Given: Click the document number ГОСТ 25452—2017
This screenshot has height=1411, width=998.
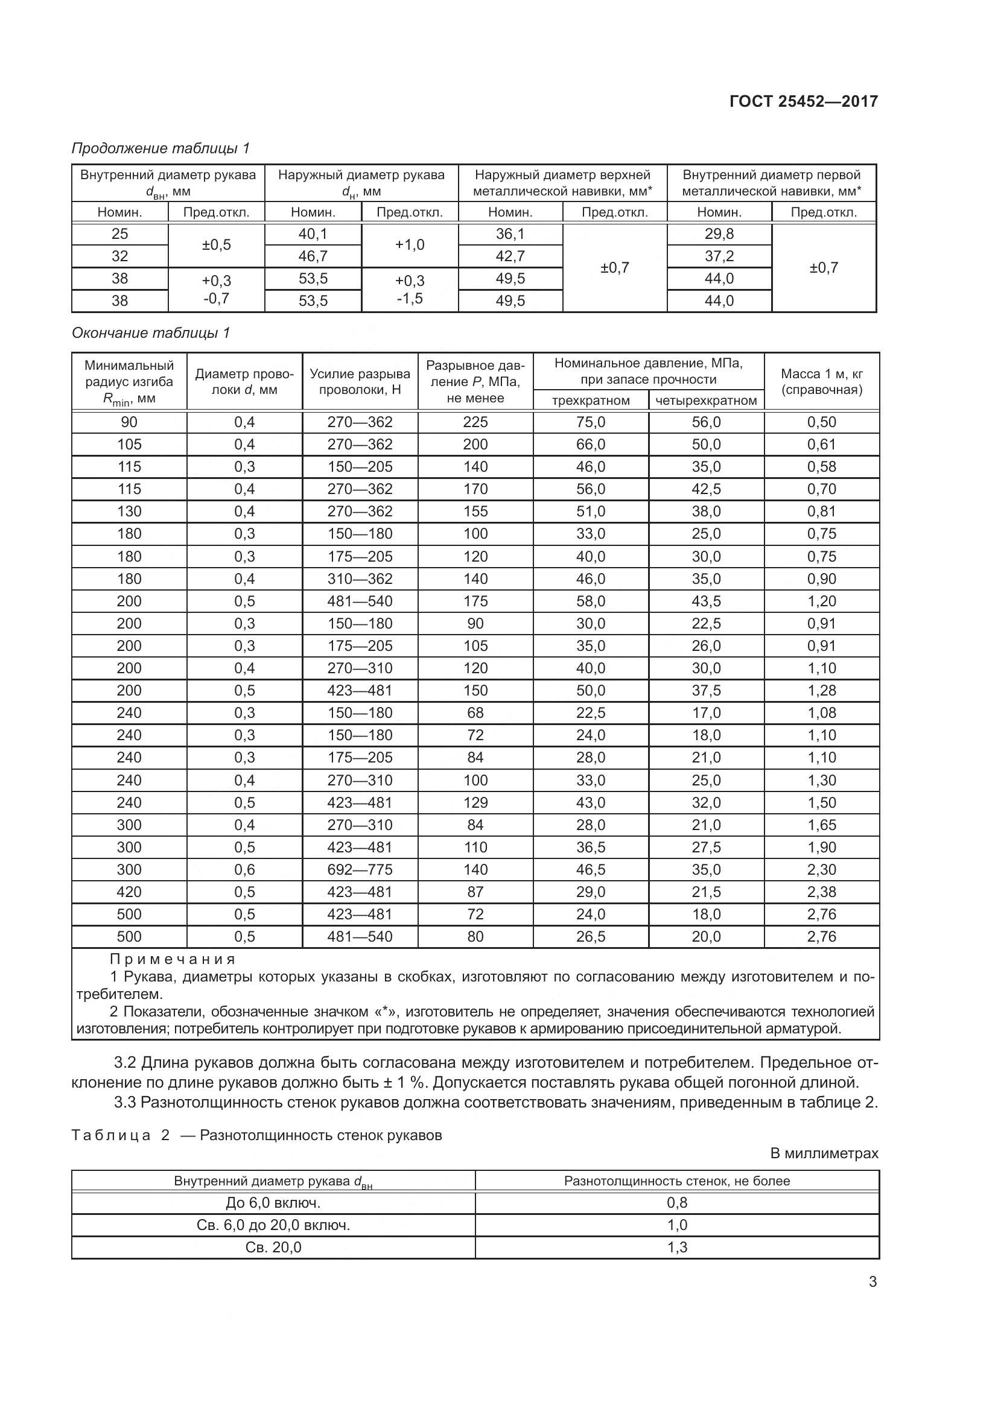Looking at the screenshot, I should (803, 101).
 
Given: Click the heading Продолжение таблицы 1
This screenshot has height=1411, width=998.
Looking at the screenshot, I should (161, 148).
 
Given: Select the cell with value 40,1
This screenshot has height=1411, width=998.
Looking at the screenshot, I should (313, 234).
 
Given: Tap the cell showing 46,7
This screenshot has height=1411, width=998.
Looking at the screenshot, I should (313, 256).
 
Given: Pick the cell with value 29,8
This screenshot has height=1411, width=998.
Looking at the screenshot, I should (719, 234).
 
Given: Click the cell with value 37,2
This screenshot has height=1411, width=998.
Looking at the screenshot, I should (719, 256).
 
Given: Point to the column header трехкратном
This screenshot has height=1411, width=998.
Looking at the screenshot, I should (591, 401).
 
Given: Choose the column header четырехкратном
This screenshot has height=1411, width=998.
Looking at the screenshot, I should (706, 401).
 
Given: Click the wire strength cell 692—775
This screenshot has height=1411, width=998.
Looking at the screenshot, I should (360, 870).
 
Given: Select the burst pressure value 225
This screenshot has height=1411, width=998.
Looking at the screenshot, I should (475, 422).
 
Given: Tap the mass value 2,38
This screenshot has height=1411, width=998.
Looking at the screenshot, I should (822, 892).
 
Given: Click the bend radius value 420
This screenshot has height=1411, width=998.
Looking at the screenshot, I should (129, 892).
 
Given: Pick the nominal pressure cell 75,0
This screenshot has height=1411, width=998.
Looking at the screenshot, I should (591, 422).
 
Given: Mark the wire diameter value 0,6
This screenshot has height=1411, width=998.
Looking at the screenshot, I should (244, 870).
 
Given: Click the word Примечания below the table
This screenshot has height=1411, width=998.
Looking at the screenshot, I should (173, 959).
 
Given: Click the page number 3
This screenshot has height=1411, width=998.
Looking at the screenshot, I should (872, 1282).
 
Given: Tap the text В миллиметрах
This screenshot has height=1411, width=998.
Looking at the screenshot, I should (824, 1153).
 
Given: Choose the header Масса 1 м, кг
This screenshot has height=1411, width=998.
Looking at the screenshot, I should (822, 373).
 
